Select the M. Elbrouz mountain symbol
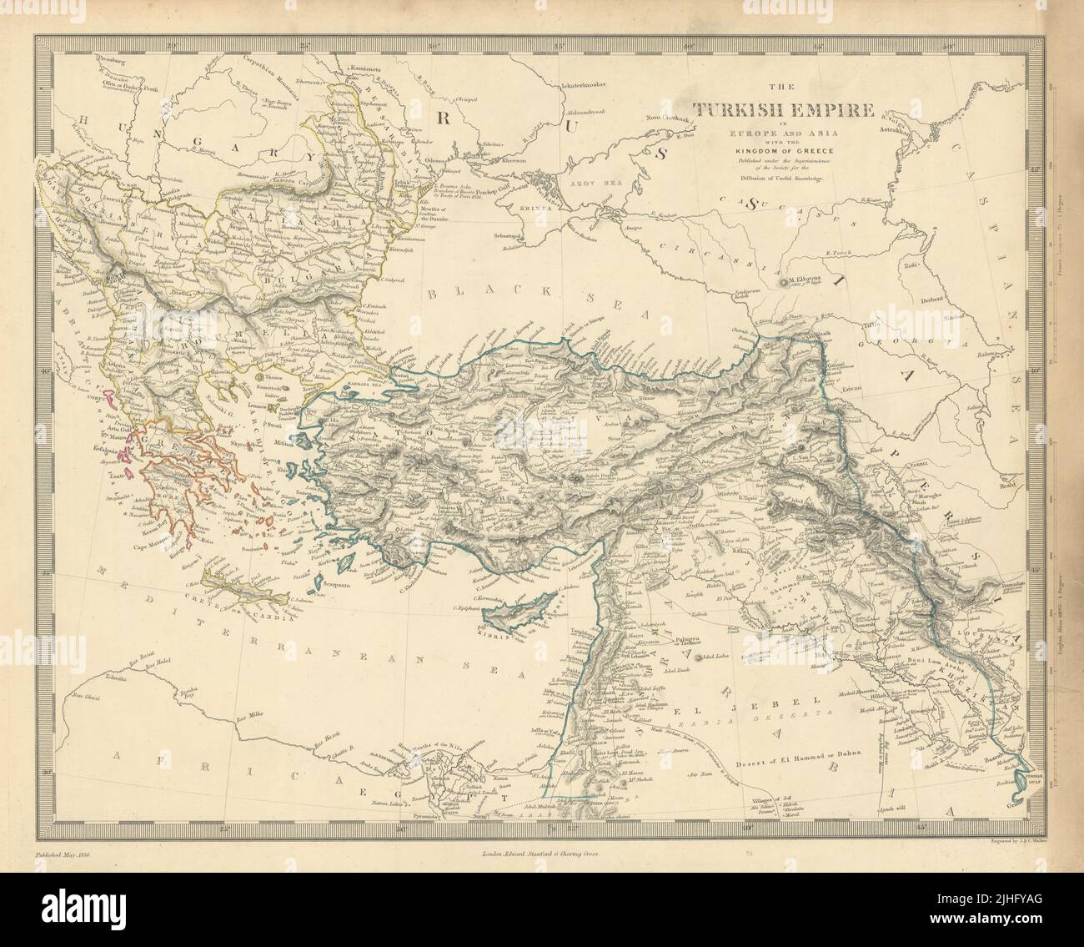[781, 282]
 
